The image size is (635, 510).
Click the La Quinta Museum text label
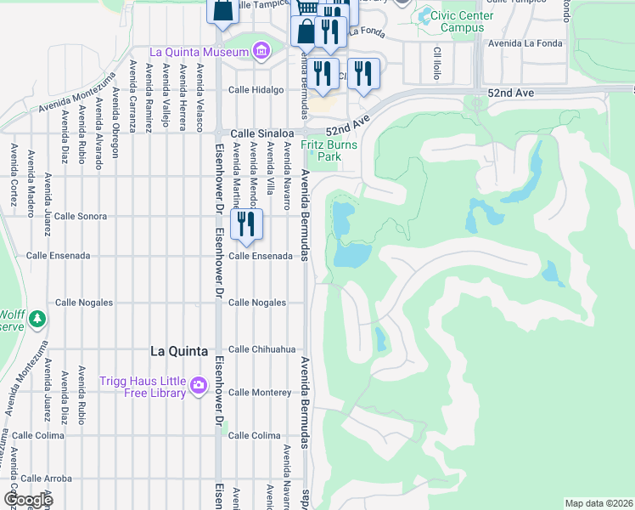[x=199, y=52]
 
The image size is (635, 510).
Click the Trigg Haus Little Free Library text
[x=143, y=387]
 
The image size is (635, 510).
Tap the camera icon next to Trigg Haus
[x=199, y=387]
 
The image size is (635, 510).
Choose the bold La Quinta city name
[x=181, y=349]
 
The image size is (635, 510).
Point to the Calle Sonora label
[x=81, y=216]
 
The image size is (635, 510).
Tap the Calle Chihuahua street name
[x=261, y=348]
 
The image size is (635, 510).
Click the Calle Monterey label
[x=260, y=392]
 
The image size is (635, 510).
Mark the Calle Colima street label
[x=255, y=435]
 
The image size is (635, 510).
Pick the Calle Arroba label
[x=47, y=479]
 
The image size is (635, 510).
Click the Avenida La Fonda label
[x=532, y=43]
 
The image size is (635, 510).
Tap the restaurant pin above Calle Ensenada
[x=246, y=224]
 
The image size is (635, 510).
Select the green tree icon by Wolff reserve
[x=36, y=319]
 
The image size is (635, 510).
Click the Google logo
[x=28, y=500]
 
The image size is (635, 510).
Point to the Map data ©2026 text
[x=598, y=503]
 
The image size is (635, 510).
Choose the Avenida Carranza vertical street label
[x=133, y=96]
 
